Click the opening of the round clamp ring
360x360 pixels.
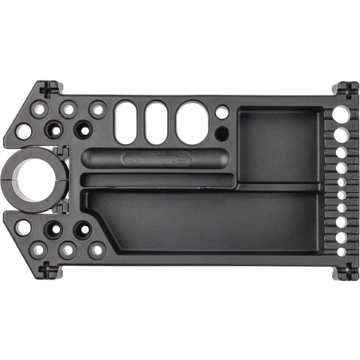[x=27, y=179]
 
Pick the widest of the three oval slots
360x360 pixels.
[x=191, y=123]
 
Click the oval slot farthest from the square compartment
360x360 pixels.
[x=126, y=123]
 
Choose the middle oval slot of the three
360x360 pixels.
[x=156, y=123]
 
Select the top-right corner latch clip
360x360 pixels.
[x=346, y=88]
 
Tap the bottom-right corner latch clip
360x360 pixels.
[x=346, y=271]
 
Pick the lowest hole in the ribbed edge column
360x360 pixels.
[x=342, y=251]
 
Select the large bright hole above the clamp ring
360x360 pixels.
[x=24, y=131]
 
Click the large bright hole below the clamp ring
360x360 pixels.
[x=24, y=228]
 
